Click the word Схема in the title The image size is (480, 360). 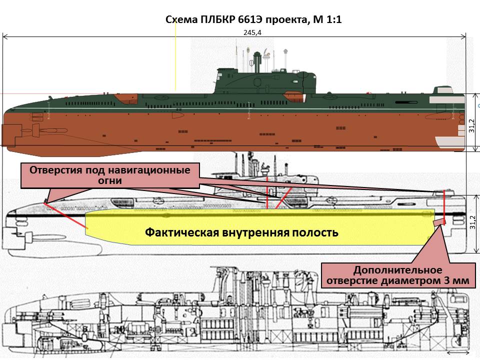point(181,20)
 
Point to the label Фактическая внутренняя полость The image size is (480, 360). point(241,232)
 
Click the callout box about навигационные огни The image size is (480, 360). point(110,175)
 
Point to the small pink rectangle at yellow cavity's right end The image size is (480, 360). point(438,221)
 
